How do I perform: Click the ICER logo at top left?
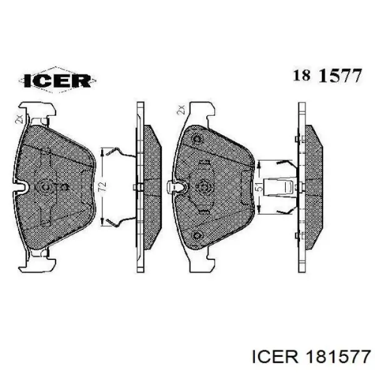click(x=57, y=80)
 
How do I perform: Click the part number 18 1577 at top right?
click(x=327, y=75)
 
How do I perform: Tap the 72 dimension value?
click(x=102, y=186)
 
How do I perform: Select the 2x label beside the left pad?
click(x=19, y=119)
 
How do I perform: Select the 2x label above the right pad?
click(x=181, y=109)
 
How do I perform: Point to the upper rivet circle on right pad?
click(x=197, y=139)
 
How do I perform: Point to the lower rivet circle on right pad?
click(x=197, y=236)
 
